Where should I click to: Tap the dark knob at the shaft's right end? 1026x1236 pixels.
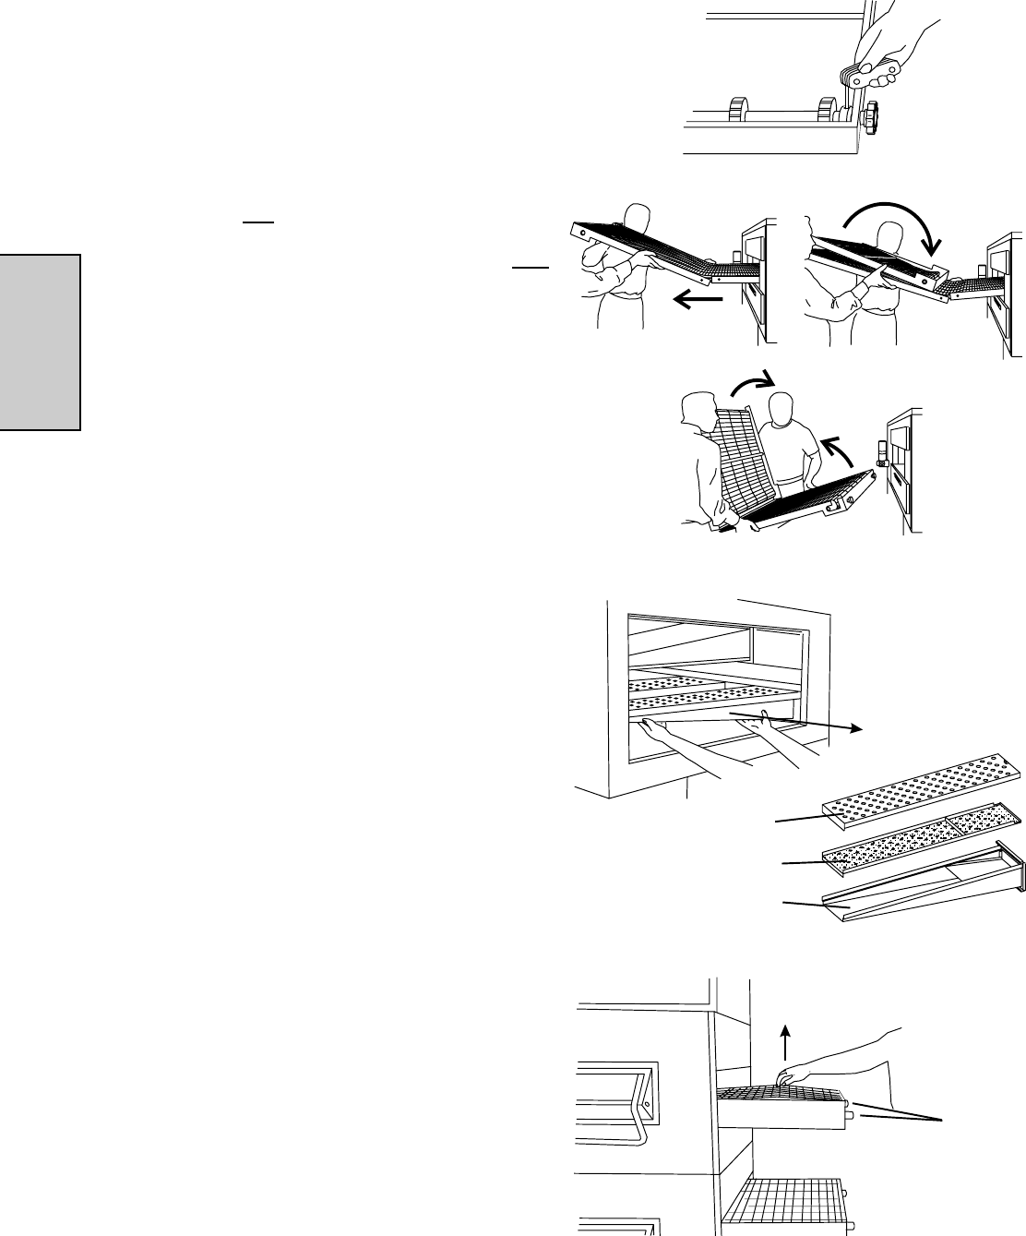pyautogui.click(x=871, y=118)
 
